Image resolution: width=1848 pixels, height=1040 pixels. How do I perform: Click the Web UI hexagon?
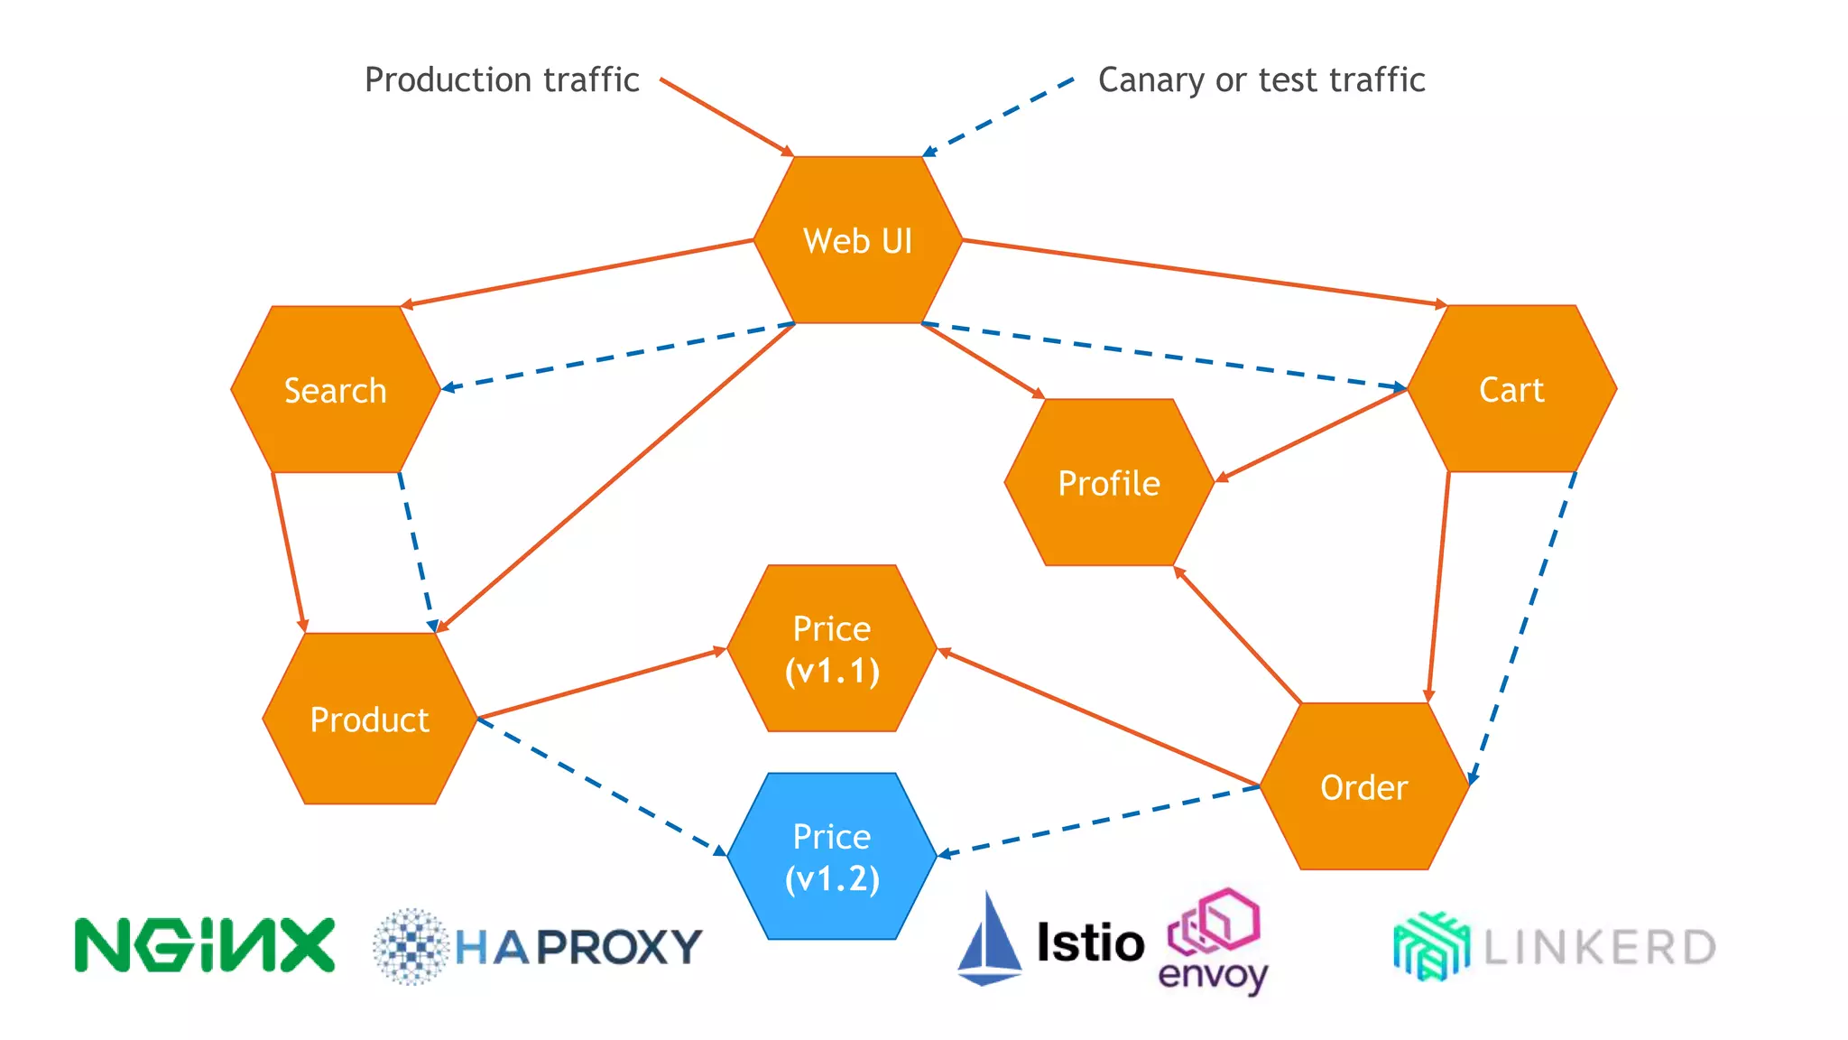858,240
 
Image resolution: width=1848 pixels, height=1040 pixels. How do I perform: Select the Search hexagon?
335,390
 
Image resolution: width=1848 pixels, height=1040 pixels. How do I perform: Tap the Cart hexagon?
1511,389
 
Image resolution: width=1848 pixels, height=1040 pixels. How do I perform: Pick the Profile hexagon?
1108,483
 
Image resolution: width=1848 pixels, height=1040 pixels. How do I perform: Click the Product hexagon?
369,719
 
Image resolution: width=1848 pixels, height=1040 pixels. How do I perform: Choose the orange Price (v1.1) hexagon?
831,649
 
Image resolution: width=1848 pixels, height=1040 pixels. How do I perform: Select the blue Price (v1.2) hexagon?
831,857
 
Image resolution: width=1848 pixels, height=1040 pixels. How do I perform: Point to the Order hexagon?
1363,787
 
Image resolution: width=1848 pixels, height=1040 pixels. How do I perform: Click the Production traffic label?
502,79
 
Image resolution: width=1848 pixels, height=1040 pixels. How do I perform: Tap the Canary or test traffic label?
1261,79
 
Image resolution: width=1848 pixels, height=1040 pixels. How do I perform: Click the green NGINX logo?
205,945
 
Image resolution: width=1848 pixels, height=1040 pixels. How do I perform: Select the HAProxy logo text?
577,947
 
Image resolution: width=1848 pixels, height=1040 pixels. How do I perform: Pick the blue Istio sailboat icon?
989,941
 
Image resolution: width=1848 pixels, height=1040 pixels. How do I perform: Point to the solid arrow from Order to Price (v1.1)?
1099,718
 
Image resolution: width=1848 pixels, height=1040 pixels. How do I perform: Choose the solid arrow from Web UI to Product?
616,477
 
